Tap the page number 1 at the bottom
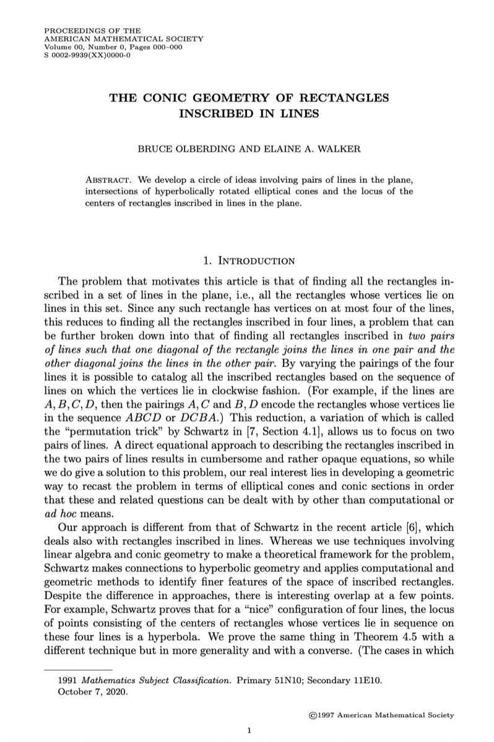click(248, 730)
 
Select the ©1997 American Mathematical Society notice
click(381, 714)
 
